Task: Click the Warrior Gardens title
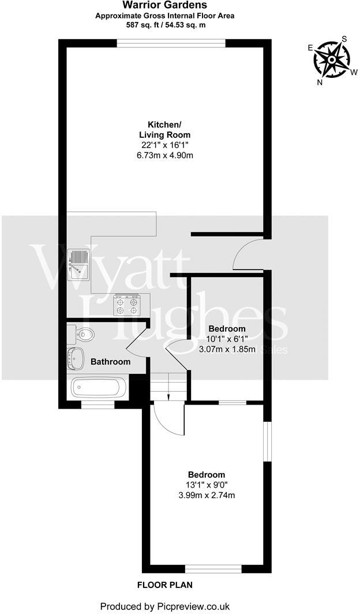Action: [x=165, y=5]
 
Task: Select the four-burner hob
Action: [x=126, y=305]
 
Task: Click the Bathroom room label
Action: [x=110, y=362]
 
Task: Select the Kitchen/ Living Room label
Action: [x=165, y=130]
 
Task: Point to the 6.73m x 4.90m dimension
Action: [x=165, y=155]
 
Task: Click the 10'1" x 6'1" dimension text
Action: [x=227, y=339]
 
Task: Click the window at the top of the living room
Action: [x=171, y=43]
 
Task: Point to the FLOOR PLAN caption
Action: [x=164, y=585]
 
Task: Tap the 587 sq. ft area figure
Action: [x=144, y=25]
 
